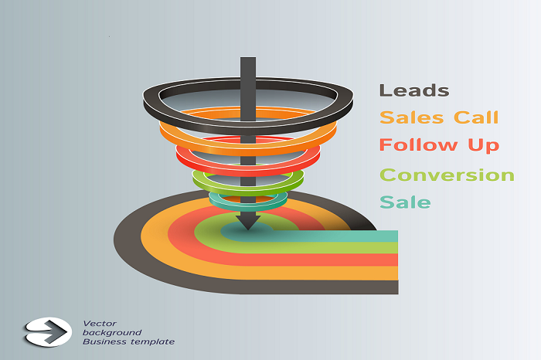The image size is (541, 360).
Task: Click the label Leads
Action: click(x=414, y=90)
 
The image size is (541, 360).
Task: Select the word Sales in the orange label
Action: click(x=411, y=117)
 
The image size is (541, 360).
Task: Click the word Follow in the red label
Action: click(x=418, y=144)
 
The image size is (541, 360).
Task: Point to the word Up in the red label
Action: click(x=483, y=145)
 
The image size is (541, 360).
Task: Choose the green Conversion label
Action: click(x=447, y=175)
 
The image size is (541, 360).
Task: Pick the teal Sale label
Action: click(x=405, y=202)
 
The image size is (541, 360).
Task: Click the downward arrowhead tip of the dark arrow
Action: click(x=248, y=230)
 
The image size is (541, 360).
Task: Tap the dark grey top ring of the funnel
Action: click(x=248, y=127)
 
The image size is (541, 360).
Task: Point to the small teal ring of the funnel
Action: click(x=248, y=207)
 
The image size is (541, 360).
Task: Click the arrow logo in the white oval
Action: click(x=48, y=332)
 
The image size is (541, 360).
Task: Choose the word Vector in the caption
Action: click(x=100, y=324)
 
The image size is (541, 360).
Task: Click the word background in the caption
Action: click(x=112, y=332)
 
